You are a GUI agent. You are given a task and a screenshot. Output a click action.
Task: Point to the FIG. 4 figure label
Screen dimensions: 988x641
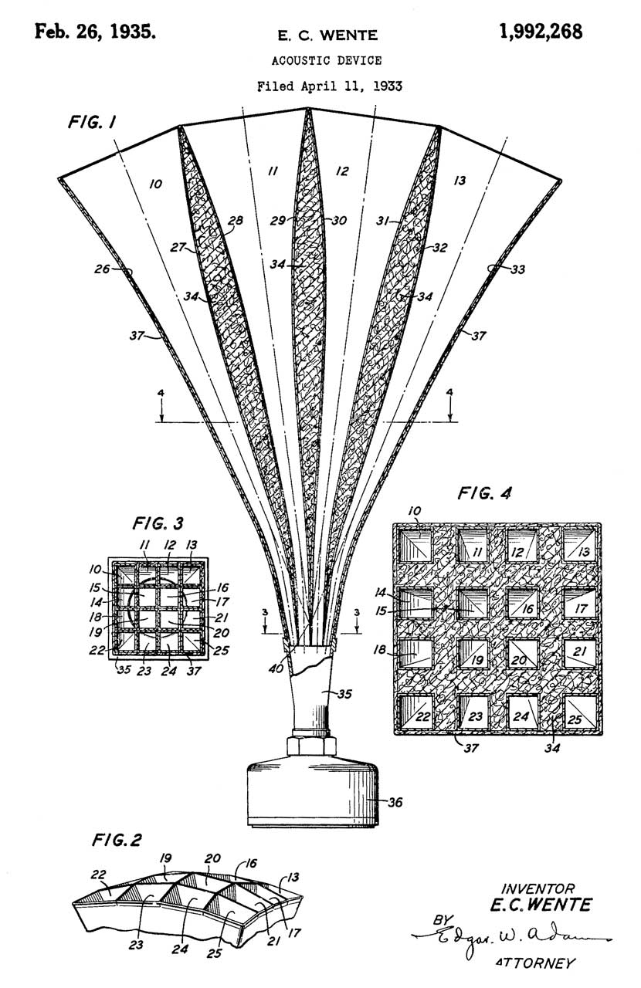pyautogui.click(x=484, y=493)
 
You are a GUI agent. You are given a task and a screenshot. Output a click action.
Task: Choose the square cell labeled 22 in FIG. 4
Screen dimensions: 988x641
pyautogui.click(x=419, y=713)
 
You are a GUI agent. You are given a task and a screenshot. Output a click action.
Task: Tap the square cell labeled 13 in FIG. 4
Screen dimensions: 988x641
pyautogui.click(x=580, y=549)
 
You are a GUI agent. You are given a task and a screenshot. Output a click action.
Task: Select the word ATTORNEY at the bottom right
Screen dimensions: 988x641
pyautogui.click(x=535, y=963)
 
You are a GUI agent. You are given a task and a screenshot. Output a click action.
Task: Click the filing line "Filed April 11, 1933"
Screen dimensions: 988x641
pyautogui.click(x=329, y=86)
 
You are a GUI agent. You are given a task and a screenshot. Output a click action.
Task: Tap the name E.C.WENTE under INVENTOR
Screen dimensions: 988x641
pyautogui.click(x=535, y=904)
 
